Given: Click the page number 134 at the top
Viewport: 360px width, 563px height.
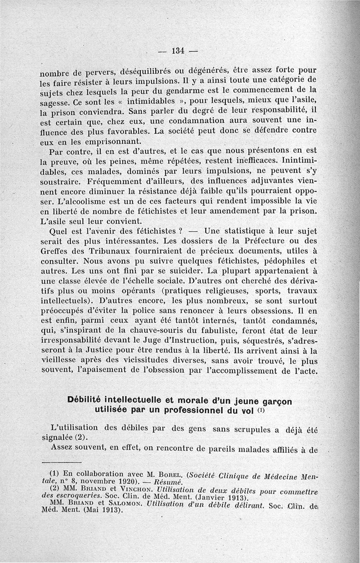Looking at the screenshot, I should point(179,50).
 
